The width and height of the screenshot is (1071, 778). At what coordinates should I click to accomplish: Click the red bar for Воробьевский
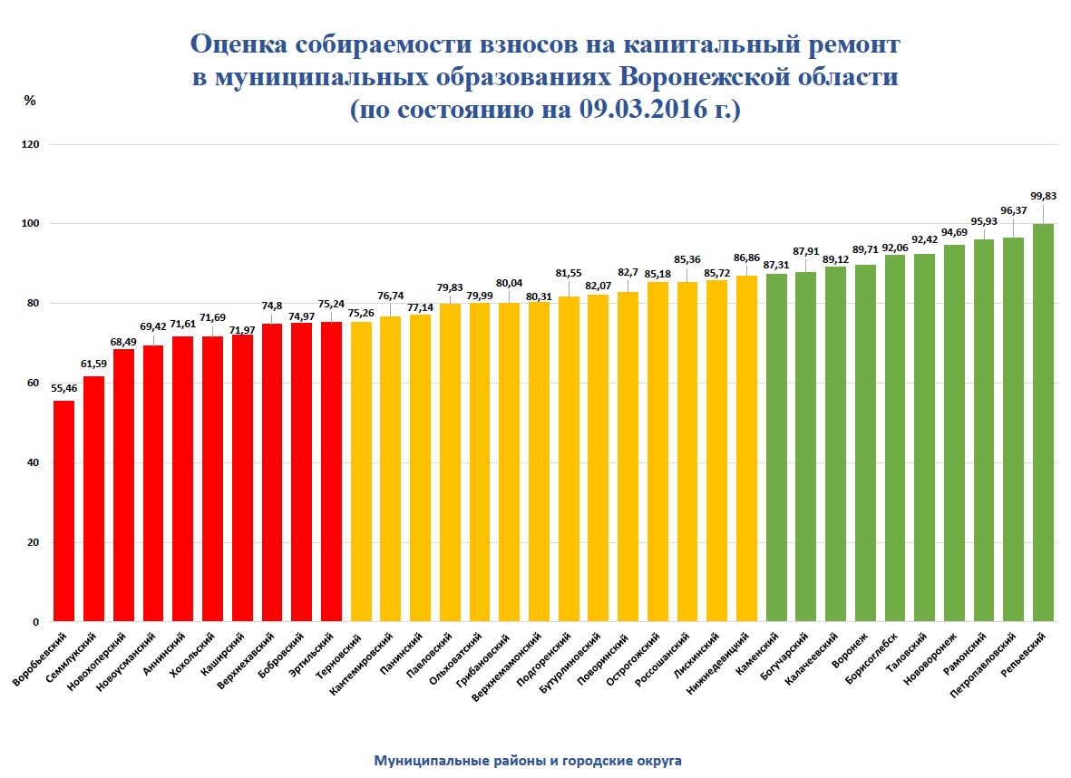(63, 511)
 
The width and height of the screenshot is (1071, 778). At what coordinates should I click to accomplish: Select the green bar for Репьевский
(1043, 423)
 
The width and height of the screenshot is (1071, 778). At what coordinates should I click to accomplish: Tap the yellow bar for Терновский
(361, 472)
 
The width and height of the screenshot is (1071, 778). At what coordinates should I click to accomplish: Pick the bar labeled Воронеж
(865, 443)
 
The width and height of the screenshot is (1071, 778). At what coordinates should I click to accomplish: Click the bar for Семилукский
(93, 499)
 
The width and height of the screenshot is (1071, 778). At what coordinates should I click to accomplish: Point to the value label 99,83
(1043, 196)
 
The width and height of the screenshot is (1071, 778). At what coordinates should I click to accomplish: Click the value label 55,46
(63, 388)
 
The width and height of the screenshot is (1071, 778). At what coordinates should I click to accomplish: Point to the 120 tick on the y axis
(33, 144)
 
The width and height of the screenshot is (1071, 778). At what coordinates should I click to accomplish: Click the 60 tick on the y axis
(33, 384)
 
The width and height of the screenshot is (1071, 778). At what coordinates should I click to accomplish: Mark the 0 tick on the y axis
(36, 623)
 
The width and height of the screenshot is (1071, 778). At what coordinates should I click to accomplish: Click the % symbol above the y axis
(29, 101)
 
